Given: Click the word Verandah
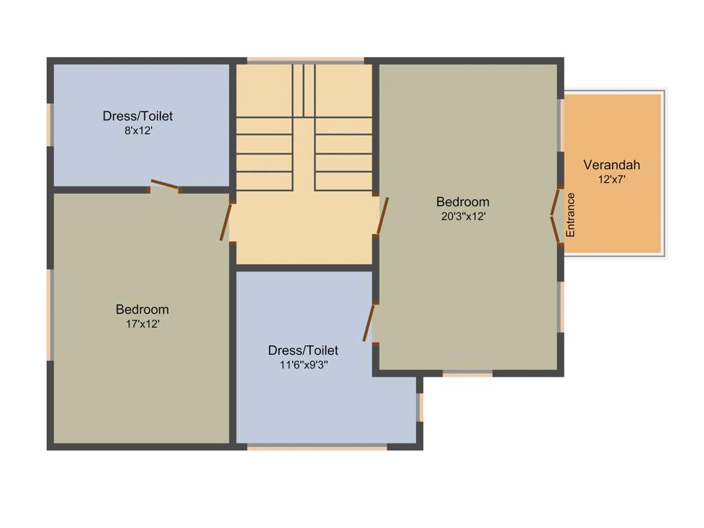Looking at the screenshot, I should click(x=611, y=165).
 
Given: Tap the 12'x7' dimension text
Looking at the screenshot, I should click(x=611, y=179).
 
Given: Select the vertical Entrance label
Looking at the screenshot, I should click(x=570, y=215).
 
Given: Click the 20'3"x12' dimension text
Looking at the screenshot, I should click(x=463, y=216).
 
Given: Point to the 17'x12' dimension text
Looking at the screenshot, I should click(x=142, y=324).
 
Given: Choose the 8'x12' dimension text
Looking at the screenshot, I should click(x=137, y=130).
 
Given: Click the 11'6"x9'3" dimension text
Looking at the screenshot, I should click(x=303, y=365).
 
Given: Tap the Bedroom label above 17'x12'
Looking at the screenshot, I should click(x=142, y=309).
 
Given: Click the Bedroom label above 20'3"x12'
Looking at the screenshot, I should click(x=463, y=201).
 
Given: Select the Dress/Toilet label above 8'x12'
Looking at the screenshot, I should click(x=137, y=115).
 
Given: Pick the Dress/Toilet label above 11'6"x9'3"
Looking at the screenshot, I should click(x=303, y=351).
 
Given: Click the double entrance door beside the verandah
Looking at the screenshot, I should click(x=554, y=216).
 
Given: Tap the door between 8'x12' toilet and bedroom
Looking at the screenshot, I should click(x=165, y=186).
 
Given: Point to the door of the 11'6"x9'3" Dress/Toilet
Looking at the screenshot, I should click(x=369, y=323).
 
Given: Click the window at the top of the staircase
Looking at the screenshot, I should click(x=305, y=61).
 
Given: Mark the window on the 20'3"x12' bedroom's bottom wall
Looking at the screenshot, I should click(x=467, y=373).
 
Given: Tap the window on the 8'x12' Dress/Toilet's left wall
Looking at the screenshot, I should click(x=49, y=124).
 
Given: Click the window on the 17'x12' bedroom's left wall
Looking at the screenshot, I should click(x=49, y=314).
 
